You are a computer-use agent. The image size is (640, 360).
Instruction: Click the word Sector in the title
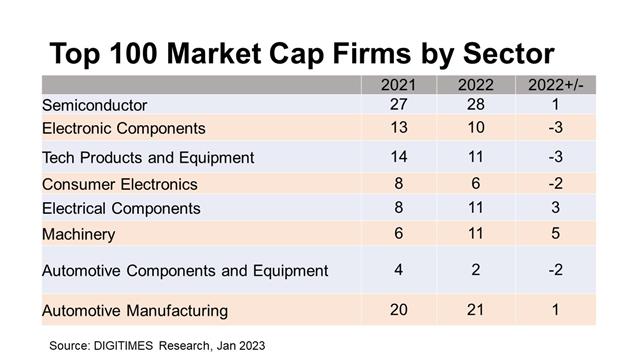(509, 53)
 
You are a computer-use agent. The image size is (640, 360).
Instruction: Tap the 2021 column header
(398, 85)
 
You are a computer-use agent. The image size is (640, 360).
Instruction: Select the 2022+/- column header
(556, 85)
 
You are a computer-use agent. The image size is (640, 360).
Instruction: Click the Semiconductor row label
(94, 105)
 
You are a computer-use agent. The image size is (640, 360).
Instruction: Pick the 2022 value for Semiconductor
(476, 104)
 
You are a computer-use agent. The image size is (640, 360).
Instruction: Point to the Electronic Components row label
(124, 129)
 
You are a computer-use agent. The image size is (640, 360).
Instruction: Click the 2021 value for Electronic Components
(398, 127)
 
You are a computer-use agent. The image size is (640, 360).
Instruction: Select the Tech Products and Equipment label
(148, 158)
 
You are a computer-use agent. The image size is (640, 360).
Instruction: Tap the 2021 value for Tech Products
(398, 157)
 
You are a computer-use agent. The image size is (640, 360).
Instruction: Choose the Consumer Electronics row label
(120, 184)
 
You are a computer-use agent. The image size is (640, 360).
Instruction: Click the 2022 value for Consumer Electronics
(476, 183)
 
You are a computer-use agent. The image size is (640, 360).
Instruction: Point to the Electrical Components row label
(121, 209)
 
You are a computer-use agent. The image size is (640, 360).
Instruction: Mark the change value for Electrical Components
(556, 207)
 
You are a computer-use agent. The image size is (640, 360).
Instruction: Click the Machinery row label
(78, 235)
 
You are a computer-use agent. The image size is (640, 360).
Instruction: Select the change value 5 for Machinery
(556, 233)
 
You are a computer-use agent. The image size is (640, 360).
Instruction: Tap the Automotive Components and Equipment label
(185, 271)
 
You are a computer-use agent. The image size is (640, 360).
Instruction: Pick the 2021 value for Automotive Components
(398, 270)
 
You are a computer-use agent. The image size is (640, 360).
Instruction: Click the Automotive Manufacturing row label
(135, 311)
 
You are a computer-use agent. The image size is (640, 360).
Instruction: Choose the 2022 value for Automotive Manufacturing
(476, 310)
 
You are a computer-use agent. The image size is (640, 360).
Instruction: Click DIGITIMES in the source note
(123, 346)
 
